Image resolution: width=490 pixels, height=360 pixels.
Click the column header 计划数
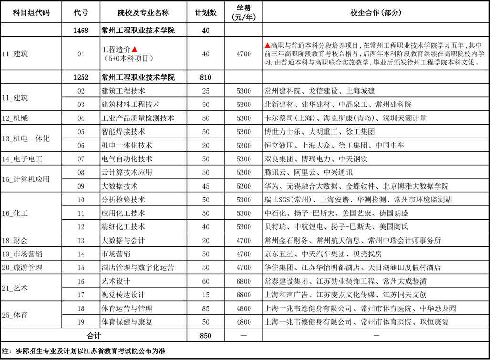(x=206, y=12)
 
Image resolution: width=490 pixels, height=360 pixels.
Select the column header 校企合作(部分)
(x=376, y=12)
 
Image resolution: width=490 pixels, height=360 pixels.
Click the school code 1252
(x=81, y=77)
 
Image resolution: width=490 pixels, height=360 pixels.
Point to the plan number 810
(x=206, y=77)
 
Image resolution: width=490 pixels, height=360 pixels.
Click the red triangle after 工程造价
(x=135, y=49)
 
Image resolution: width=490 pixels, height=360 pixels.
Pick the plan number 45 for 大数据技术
(x=206, y=186)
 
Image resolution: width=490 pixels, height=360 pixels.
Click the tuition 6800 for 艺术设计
(x=243, y=281)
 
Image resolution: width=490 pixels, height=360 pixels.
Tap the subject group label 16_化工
(x=15, y=213)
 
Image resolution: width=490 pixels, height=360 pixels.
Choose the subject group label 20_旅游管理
(x=22, y=268)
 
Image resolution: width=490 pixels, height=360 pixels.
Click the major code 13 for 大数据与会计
(x=81, y=241)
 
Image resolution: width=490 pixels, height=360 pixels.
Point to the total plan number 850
(x=206, y=336)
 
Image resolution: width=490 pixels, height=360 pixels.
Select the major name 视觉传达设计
(x=123, y=295)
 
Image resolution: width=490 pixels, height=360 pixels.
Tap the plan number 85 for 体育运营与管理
(x=206, y=308)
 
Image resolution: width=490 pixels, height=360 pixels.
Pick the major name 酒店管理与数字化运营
(x=137, y=268)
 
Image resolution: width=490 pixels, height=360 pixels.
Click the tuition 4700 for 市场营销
(x=243, y=254)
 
